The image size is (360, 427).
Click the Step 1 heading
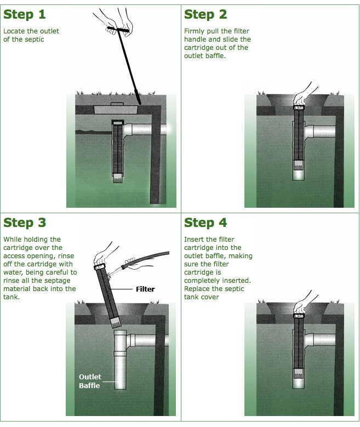point(25,14)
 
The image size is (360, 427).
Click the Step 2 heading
point(205,14)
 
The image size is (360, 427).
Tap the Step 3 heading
point(25,223)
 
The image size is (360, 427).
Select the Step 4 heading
point(205,223)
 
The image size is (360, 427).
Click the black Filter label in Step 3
point(145,289)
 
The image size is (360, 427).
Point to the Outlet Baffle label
point(90,381)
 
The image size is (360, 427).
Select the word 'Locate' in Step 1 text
point(13,31)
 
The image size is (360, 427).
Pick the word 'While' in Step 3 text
point(12,240)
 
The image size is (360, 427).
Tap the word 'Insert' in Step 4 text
point(193,240)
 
